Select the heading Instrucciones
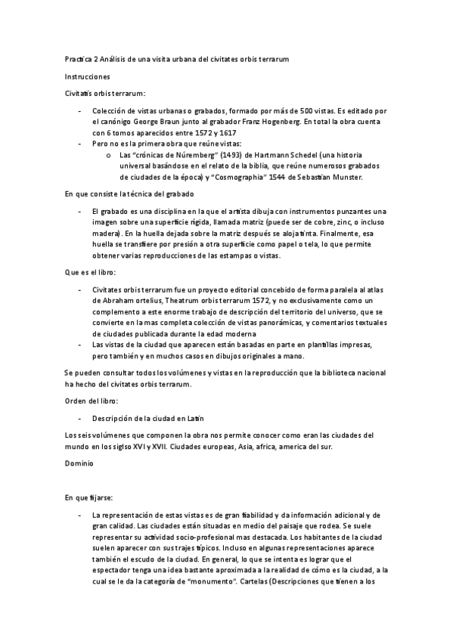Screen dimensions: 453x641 pos(88,76)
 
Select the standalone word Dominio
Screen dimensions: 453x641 pos(79,462)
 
